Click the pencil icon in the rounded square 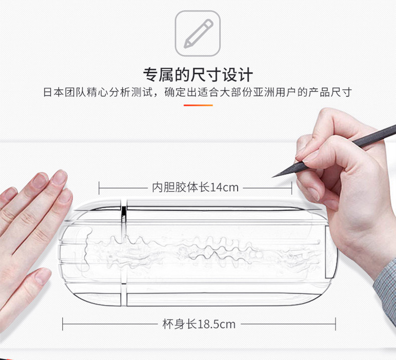[197, 33]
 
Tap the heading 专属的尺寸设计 [198, 75]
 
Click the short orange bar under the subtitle [198, 105]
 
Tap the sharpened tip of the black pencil [275, 176]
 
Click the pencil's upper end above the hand [388, 132]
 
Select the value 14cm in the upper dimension [224, 188]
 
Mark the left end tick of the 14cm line [99, 188]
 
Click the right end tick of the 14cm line [292, 188]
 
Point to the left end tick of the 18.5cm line [63, 324]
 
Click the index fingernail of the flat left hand [59, 177]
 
